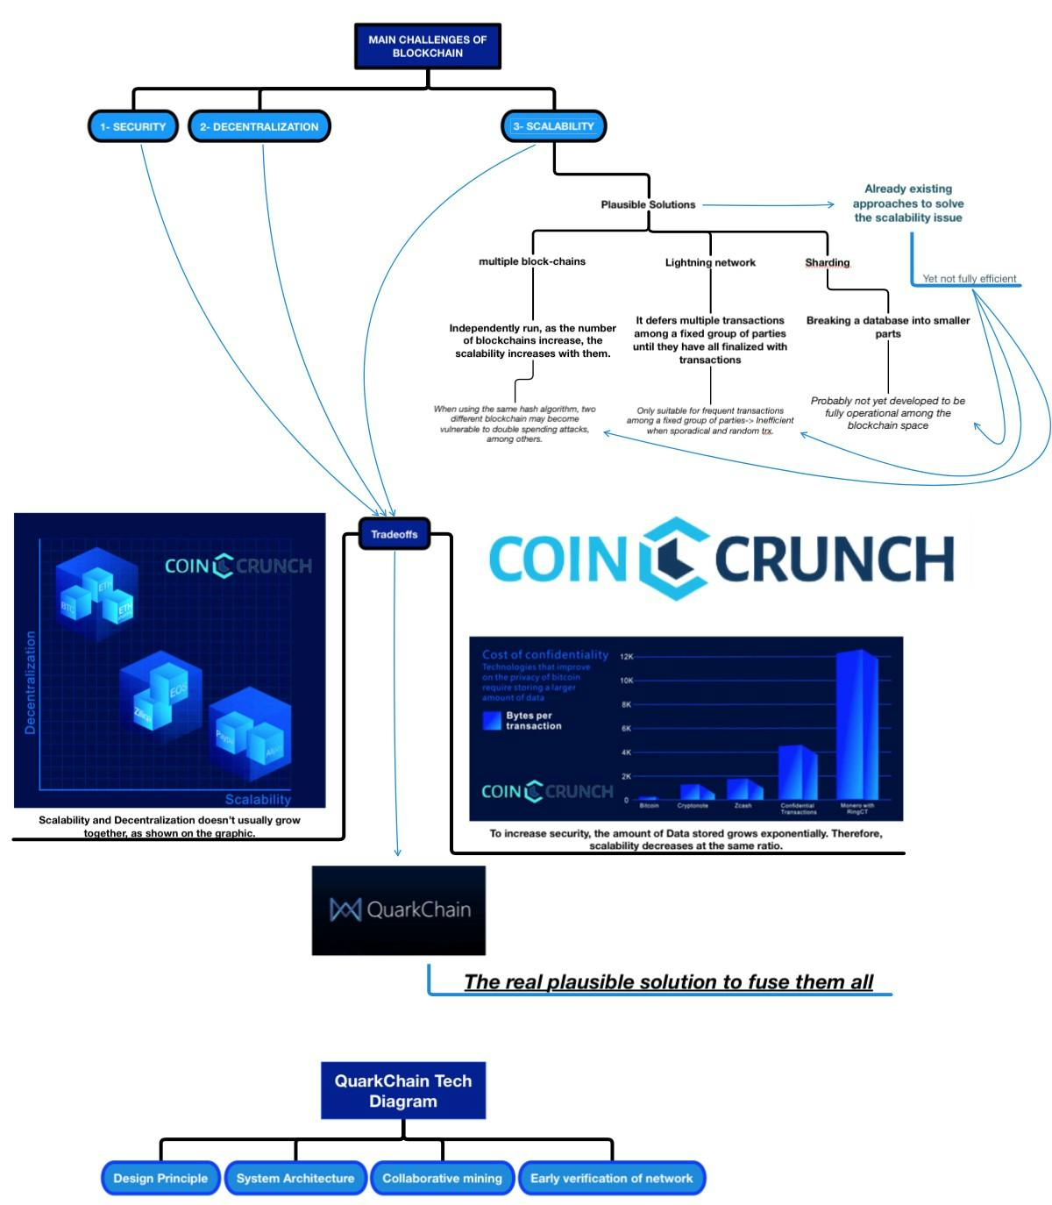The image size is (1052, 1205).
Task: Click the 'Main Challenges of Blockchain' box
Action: coord(427,46)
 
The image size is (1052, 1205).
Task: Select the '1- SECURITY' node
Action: coord(132,126)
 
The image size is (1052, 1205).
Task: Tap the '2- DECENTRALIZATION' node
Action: coord(259,126)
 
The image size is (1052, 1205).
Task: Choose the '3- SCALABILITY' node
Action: coord(553,126)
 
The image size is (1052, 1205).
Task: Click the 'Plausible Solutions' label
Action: coord(648,204)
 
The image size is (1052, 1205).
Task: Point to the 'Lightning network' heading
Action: coord(709,262)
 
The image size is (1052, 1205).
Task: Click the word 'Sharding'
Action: coord(827,262)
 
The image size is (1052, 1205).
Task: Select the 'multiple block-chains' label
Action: coord(531,261)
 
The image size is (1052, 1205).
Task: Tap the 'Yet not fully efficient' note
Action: coord(969,278)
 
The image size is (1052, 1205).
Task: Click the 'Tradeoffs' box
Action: coord(394,534)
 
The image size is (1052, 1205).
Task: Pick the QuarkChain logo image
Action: coord(399,910)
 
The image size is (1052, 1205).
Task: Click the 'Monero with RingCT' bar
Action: coord(857,724)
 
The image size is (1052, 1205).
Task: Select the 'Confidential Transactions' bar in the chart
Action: coord(798,772)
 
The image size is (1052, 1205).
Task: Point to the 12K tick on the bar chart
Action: coord(626,656)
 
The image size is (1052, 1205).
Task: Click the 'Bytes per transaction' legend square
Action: coord(492,721)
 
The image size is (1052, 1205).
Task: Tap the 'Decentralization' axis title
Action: coord(31,681)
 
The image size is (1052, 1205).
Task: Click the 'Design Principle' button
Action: coord(160,1178)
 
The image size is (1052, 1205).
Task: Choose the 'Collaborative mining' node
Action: coord(442,1178)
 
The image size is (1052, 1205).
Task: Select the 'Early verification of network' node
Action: coord(611,1178)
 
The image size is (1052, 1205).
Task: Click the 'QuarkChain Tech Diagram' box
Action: coord(402,1090)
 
